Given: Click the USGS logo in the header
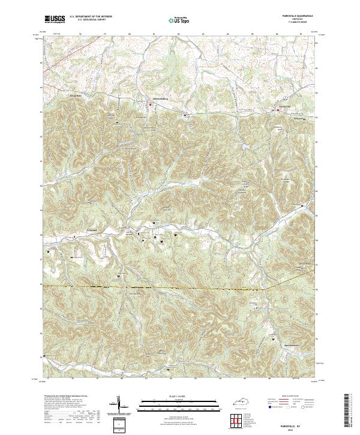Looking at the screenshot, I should tap(55, 19).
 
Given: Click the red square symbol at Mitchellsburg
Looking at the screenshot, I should tap(151, 106).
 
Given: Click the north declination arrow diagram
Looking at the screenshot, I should tap(118, 405).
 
